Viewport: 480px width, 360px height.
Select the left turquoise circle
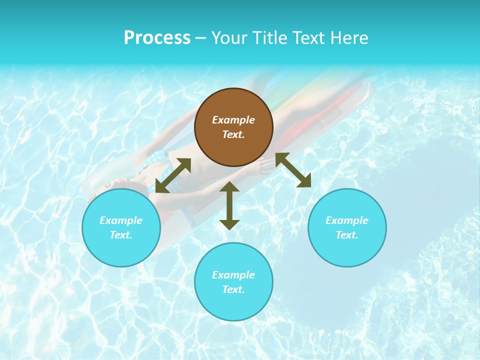coord(121,250)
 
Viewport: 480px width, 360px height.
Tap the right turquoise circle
coord(347,250)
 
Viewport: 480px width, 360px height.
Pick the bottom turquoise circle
coord(233,305)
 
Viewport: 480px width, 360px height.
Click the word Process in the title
coord(157,38)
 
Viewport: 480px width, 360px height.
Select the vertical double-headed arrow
coord(229,205)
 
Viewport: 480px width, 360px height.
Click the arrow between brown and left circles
coord(173,175)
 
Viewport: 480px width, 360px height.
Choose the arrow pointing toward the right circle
coord(293,170)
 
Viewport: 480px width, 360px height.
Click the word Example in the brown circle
coord(233,120)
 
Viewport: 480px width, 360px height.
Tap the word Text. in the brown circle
coord(233,134)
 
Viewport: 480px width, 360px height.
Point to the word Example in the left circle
coord(121,220)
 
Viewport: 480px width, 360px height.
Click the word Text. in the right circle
coord(347,235)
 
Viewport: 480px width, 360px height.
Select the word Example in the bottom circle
coord(233,275)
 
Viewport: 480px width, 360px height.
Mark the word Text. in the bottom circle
coord(233,289)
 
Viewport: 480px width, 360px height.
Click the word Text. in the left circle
coord(121,235)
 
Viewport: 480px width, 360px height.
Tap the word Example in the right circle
coord(347,220)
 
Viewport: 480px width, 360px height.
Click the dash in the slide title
coord(200,38)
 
